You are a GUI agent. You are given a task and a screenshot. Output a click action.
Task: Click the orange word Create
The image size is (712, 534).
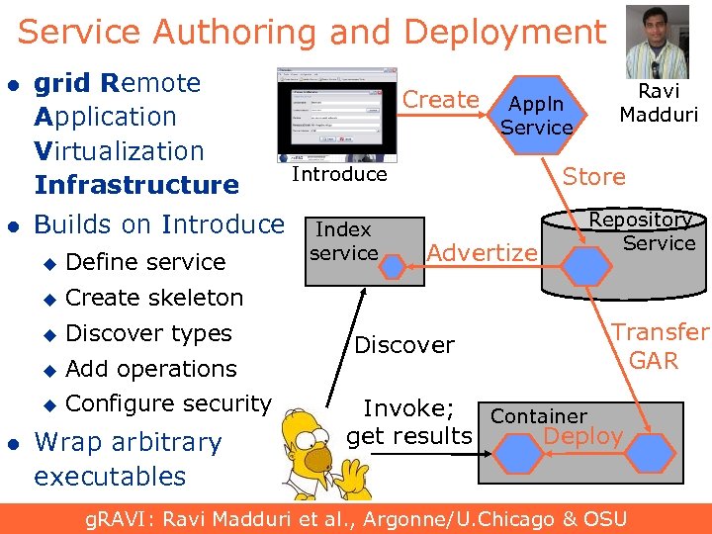click(441, 100)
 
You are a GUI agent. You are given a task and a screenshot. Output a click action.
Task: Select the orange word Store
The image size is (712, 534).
click(593, 177)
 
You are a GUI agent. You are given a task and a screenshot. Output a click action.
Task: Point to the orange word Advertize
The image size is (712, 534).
click(482, 253)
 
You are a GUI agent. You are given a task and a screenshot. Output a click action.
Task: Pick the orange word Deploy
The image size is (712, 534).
click(583, 436)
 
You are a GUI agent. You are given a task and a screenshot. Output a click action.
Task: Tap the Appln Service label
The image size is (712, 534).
click(536, 116)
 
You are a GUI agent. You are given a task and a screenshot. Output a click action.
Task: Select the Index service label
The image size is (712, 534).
click(343, 241)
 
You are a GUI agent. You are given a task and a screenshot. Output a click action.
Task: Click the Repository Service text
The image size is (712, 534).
click(643, 231)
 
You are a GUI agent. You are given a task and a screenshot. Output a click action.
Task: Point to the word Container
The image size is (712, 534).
click(539, 416)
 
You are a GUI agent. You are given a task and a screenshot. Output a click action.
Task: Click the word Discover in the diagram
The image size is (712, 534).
click(403, 345)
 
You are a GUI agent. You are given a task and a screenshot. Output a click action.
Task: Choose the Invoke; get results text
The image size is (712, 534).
click(409, 422)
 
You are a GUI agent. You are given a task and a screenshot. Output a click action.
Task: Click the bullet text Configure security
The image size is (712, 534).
click(168, 403)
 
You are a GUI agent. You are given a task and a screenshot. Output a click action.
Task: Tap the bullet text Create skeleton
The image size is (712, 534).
click(154, 298)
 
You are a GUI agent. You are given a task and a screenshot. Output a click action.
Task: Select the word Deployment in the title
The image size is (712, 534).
click(504, 33)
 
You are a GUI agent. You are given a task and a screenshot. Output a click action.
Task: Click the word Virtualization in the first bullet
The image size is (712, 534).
click(119, 151)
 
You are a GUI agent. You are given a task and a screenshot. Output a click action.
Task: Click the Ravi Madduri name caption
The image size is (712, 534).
click(659, 103)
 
